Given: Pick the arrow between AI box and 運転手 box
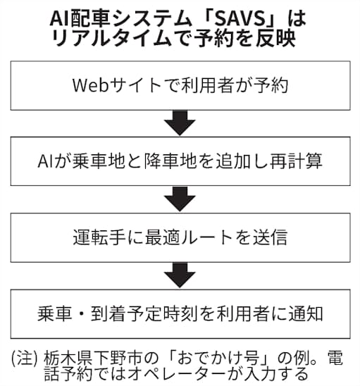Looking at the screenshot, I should pos(180,199).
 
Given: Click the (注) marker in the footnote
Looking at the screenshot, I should pos(22,356).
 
